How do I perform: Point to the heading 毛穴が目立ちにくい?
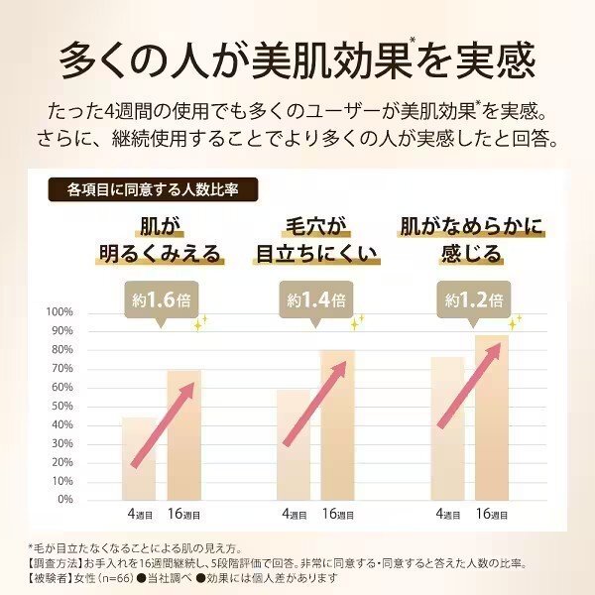pyautogui.click(x=318, y=238)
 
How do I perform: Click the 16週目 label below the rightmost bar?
pyautogui.click(x=493, y=515)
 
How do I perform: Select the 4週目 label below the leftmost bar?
pyautogui.click(x=138, y=515)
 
